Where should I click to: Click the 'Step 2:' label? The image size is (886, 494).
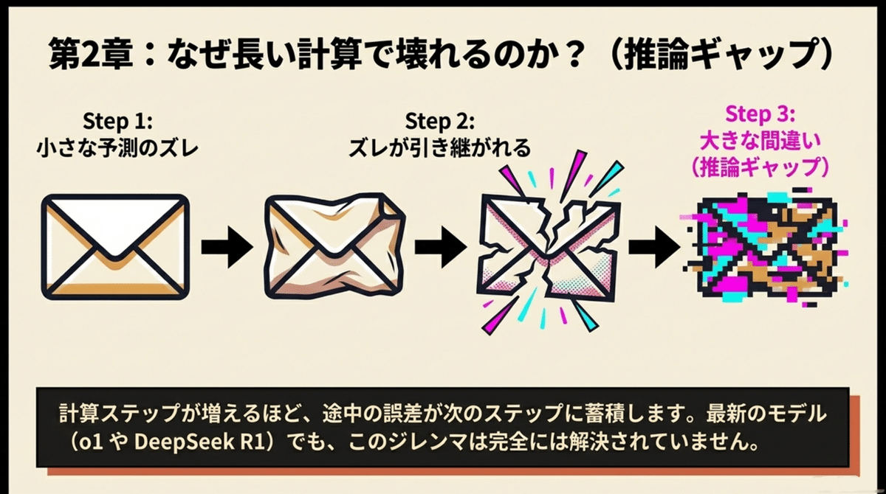coord(440,121)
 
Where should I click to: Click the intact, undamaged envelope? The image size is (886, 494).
coord(116,246)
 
